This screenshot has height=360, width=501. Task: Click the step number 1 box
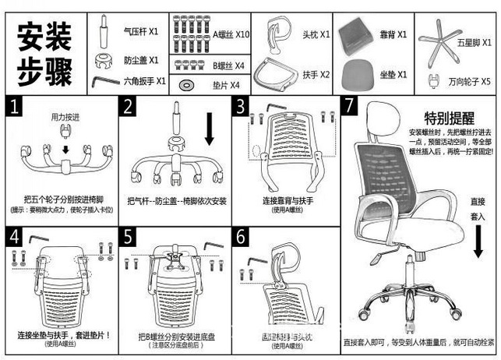(x=16, y=106)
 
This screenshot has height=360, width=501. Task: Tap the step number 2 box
(x=129, y=106)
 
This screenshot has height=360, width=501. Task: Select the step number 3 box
(x=242, y=106)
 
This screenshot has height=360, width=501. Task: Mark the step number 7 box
(x=351, y=106)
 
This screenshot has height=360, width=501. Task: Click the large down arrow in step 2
(x=209, y=129)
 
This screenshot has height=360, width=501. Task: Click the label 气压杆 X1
(x=141, y=33)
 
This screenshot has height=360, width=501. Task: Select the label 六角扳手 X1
(x=144, y=80)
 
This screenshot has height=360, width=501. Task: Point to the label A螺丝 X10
(x=231, y=34)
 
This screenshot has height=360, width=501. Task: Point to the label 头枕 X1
(x=316, y=34)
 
